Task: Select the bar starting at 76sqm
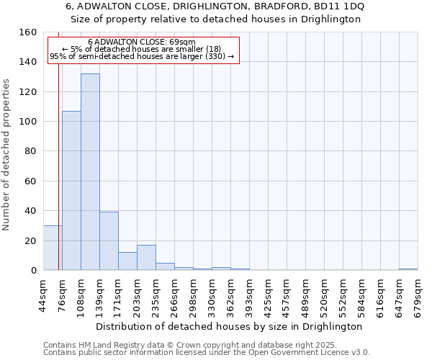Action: [x=71, y=191]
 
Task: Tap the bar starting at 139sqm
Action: [x=109, y=241]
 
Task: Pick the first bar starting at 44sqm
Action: [x=53, y=248]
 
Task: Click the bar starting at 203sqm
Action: [x=146, y=258]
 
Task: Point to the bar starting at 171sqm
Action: [x=127, y=261]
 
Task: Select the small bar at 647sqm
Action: [x=408, y=269]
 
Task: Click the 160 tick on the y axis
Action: [x=28, y=32]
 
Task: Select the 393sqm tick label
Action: [x=249, y=294]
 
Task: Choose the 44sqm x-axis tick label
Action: [x=43, y=294]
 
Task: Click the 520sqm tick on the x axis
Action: [x=324, y=294]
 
